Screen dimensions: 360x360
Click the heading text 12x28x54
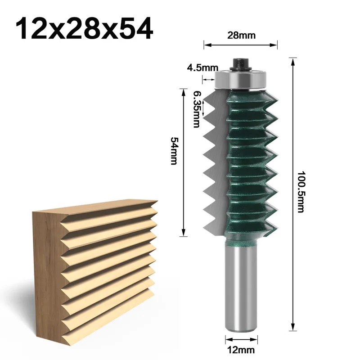click(84, 29)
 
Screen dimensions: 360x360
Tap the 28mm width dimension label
click(241, 36)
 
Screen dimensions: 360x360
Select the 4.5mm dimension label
click(202, 68)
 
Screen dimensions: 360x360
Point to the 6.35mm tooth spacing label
click(197, 109)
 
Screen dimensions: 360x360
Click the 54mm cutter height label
click(174, 151)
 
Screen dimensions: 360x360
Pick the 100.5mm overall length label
click(301, 192)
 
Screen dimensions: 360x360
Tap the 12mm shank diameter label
click(241, 350)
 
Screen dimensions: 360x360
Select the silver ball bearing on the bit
click(240, 79)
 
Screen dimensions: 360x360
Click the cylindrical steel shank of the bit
click(240, 288)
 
